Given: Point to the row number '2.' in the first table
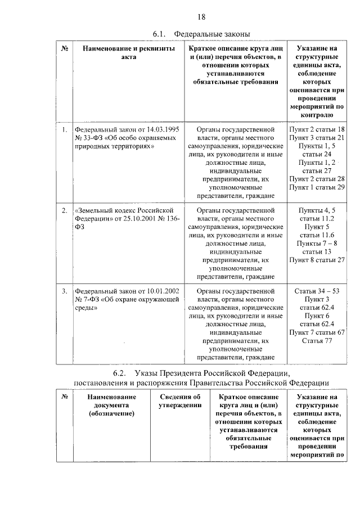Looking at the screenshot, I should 65,210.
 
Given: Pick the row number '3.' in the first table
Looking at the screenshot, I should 65,291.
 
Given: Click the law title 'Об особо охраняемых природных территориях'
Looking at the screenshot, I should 121,141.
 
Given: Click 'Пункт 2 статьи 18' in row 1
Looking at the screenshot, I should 317,129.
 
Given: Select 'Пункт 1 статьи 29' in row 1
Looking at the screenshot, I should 317,187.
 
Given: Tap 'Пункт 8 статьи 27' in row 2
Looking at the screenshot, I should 317,259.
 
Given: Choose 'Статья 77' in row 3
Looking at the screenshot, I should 317,340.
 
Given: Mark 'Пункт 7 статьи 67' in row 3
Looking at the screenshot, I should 317,332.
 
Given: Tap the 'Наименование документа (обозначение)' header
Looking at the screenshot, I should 111,405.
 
